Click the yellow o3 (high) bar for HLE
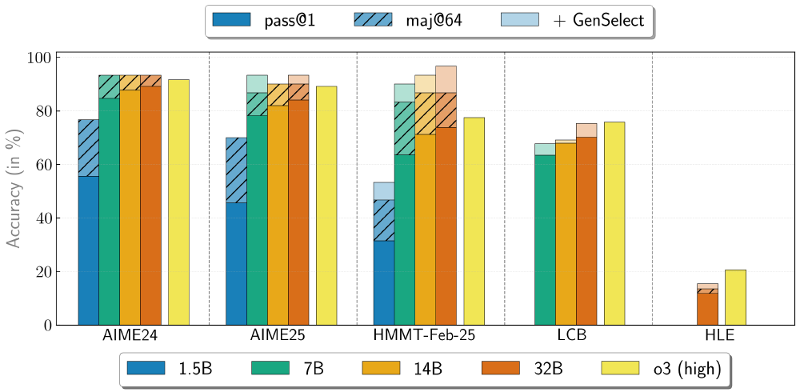(735, 298)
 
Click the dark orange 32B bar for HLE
(707, 309)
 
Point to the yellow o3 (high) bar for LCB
(614, 223)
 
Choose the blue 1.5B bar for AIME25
(236, 263)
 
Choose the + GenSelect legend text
(598, 21)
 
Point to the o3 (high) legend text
(687, 368)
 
